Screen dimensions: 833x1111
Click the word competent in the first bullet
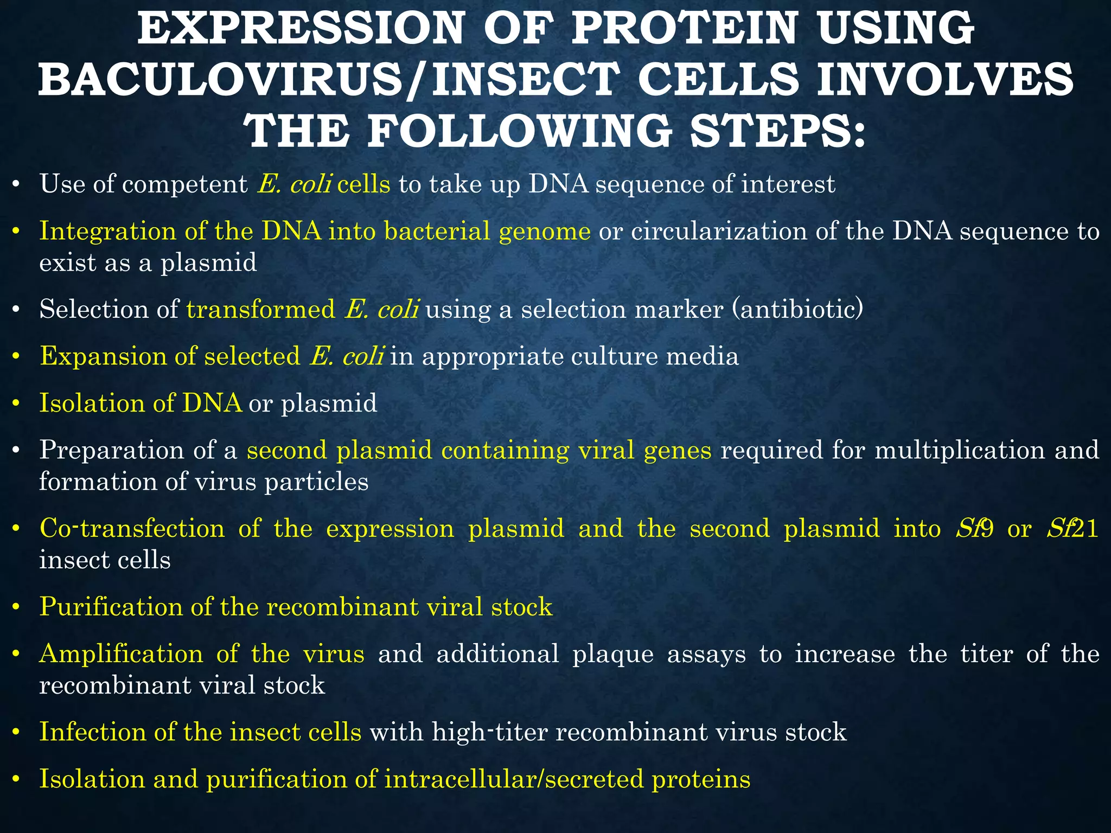pyautogui.click(x=184, y=184)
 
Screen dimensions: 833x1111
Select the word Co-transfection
pyautogui.click(x=132, y=529)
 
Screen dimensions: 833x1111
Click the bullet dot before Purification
pyautogui.click(x=16, y=607)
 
